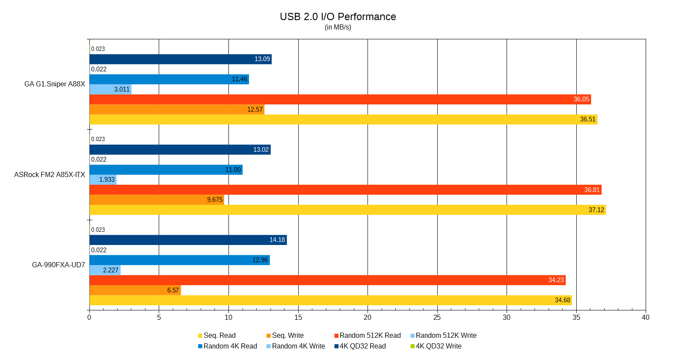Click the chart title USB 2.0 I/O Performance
tap(338, 17)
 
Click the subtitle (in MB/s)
tap(338, 27)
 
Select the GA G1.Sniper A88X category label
tap(55, 84)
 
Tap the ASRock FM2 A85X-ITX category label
tap(50, 174)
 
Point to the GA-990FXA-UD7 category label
tap(59, 265)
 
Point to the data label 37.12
tap(596, 210)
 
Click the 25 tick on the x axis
tap(437, 317)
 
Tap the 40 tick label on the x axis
tap(645, 317)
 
